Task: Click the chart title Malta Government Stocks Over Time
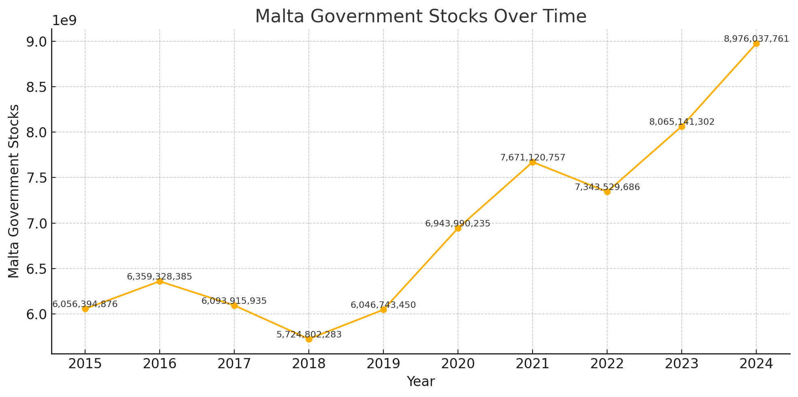point(420,17)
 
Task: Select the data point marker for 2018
point(309,339)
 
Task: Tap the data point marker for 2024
point(756,44)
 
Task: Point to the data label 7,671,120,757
point(533,158)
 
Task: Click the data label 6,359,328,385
point(159,277)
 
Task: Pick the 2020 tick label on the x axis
point(458,364)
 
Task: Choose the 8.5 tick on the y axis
point(36,87)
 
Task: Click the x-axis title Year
point(421,382)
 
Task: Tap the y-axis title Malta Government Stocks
point(14,191)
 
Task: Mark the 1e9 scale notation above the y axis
point(65,21)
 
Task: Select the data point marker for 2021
point(533,162)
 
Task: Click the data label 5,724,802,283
point(309,335)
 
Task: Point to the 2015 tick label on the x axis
point(85,364)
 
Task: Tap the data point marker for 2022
point(607,192)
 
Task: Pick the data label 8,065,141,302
point(682,122)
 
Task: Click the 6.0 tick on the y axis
point(36,314)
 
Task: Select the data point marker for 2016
point(160,281)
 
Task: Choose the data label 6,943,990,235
point(458,224)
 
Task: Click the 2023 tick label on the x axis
point(682,364)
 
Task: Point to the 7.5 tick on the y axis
point(36,178)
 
